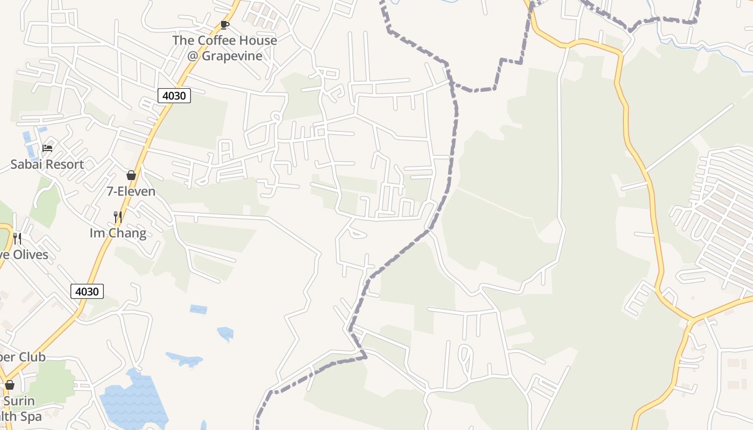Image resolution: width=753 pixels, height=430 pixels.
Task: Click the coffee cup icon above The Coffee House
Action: pos(225,25)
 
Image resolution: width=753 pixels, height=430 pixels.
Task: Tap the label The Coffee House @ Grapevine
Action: pos(225,48)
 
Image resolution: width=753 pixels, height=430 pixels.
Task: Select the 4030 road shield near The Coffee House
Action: pos(174,96)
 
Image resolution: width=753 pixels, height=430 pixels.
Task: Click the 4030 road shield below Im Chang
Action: pos(87,291)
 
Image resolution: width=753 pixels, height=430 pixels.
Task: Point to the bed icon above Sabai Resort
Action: pos(47,148)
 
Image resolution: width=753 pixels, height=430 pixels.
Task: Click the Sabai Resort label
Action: pos(47,164)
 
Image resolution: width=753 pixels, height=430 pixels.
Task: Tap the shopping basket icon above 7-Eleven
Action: pos(131,175)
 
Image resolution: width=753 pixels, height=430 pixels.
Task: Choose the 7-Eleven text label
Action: pos(131,191)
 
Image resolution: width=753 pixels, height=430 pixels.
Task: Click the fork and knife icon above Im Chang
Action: pos(117,217)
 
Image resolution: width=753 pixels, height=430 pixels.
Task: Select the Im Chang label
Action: pos(118,233)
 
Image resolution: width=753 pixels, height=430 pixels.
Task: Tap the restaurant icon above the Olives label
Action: pos(17,238)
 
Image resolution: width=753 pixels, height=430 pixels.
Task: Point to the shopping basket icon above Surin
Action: pos(9,385)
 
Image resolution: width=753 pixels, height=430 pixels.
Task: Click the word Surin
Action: pos(19,401)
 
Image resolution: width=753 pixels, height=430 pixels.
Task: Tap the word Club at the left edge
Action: pos(32,357)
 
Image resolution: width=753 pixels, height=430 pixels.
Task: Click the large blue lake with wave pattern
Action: pos(132,400)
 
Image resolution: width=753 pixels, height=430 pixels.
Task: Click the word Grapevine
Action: pos(232,56)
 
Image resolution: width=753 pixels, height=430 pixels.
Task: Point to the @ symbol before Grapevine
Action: pos(193,56)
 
